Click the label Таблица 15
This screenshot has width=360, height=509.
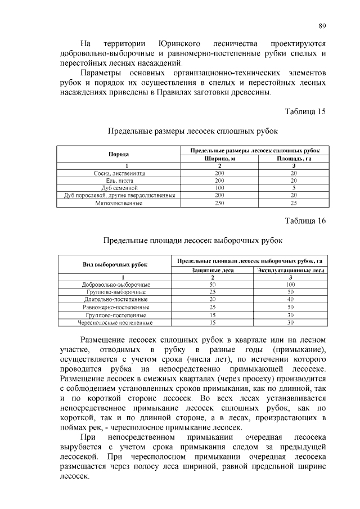pyautogui.click(x=306, y=111)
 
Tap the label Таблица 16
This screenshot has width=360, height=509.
pyautogui.click(x=306, y=220)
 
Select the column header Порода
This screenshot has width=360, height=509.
pyautogui.click(x=119, y=154)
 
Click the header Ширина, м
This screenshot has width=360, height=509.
pyautogui.click(x=219, y=158)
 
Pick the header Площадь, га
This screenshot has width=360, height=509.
pyautogui.click(x=293, y=158)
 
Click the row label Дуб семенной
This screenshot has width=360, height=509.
pyautogui.click(x=119, y=187)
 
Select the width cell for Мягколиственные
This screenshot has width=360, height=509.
pyautogui.click(x=219, y=202)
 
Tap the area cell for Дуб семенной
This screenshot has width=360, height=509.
pyautogui.click(x=293, y=187)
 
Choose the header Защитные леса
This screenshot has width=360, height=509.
pyautogui.click(x=213, y=270)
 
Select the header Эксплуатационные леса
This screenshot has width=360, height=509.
pyautogui.click(x=291, y=270)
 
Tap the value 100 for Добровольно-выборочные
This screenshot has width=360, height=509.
pyautogui.click(x=291, y=285)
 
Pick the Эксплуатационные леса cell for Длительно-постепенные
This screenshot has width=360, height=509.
pyautogui.click(x=291, y=300)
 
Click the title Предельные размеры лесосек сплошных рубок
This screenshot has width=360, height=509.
pyautogui.click(x=193, y=131)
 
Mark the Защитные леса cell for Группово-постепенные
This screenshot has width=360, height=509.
pyautogui.click(x=213, y=316)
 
